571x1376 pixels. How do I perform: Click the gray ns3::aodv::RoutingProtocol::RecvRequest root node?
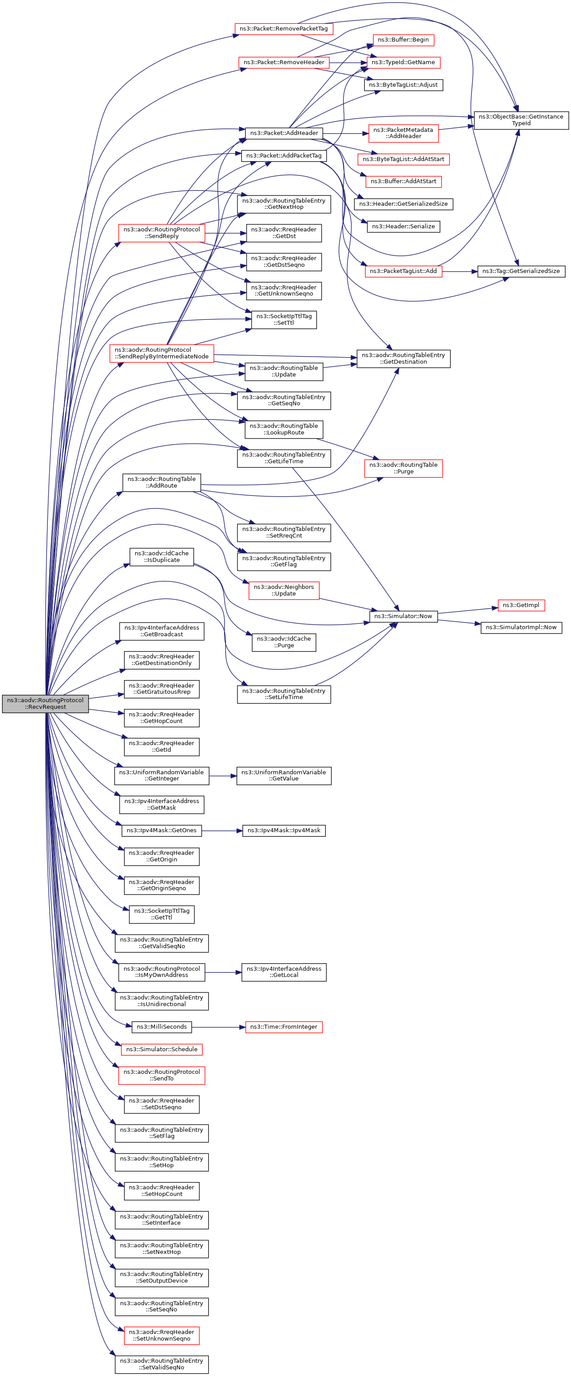(x=46, y=703)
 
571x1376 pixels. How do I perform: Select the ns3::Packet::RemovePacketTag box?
(x=284, y=28)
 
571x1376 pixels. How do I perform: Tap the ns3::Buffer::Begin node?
(x=403, y=39)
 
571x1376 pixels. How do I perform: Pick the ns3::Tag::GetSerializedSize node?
(x=521, y=271)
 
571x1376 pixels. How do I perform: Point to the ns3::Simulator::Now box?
(x=403, y=616)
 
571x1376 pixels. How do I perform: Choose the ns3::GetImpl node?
(x=521, y=605)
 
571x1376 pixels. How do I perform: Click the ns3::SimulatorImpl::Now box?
(x=521, y=627)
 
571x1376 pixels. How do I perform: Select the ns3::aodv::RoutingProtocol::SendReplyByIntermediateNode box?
(x=161, y=353)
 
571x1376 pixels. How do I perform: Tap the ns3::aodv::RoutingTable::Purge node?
(x=403, y=469)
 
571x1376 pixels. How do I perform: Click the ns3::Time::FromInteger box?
(x=284, y=1026)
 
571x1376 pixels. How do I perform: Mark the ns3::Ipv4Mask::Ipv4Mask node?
(x=284, y=830)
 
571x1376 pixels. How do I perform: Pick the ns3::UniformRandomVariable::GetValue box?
(x=284, y=776)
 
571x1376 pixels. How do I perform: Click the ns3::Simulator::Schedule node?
(x=161, y=1049)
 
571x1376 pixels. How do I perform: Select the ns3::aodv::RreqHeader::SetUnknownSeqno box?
(x=161, y=1335)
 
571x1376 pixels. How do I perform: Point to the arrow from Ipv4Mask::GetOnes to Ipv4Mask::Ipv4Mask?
(x=222, y=830)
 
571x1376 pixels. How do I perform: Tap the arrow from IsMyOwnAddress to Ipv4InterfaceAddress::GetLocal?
(x=223, y=972)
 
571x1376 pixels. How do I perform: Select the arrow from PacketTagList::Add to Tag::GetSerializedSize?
(x=460, y=271)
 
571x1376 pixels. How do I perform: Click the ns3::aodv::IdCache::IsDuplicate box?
(x=161, y=557)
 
